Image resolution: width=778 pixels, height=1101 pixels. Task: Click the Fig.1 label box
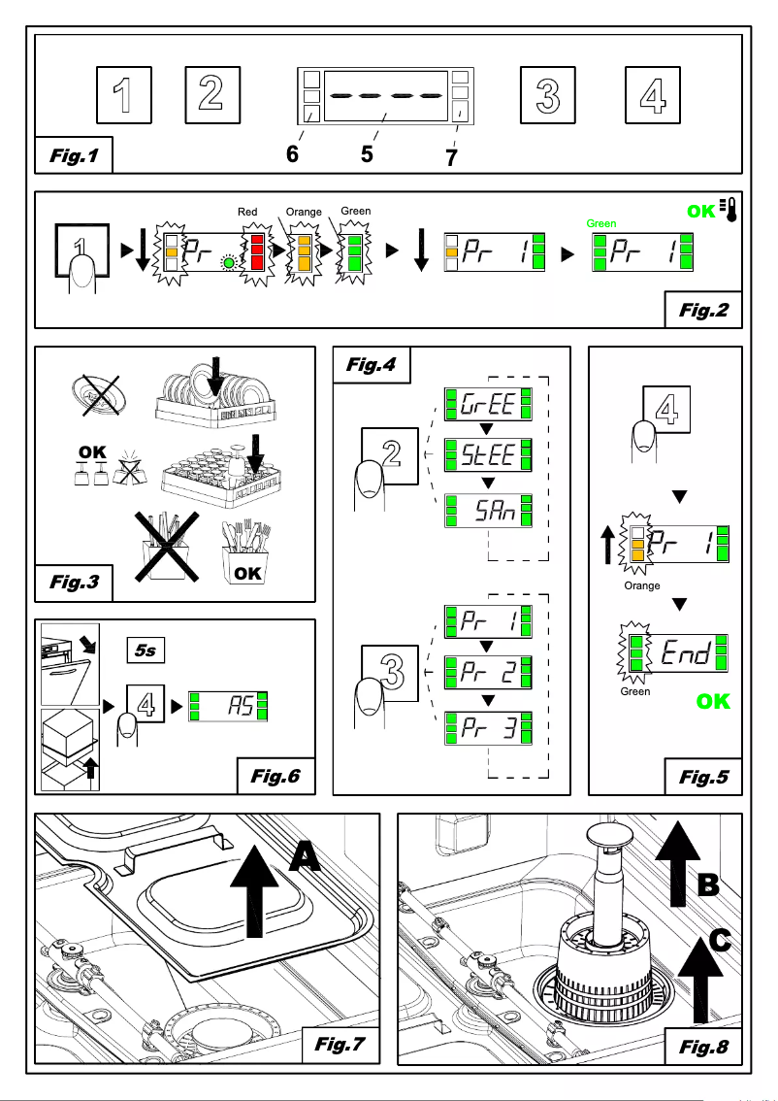(x=73, y=155)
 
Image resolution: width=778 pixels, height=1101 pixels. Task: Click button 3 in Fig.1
(x=548, y=95)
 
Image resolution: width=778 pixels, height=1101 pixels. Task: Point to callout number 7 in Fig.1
(x=451, y=157)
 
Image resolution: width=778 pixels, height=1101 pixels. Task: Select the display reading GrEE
(x=486, y=403)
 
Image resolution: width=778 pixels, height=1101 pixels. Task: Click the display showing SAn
(x=486, y=510)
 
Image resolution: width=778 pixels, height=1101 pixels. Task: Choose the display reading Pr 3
(x=486, y=728)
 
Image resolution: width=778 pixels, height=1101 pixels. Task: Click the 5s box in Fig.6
(x=145, y=650)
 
